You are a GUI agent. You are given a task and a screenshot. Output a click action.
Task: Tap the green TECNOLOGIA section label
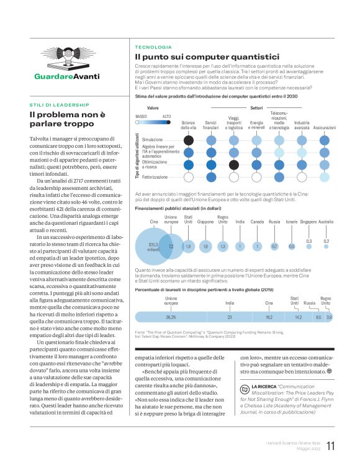153,47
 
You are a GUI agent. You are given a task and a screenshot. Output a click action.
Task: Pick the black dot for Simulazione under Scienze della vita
189,140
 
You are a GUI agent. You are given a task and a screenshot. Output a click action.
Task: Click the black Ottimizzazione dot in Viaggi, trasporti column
233,164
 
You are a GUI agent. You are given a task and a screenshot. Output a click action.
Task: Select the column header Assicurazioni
324,127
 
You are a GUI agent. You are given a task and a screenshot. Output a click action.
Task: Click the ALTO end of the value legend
166,116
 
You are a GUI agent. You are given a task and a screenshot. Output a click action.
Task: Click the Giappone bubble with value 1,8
205,246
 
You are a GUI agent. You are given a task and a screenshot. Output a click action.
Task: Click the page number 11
331,446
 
